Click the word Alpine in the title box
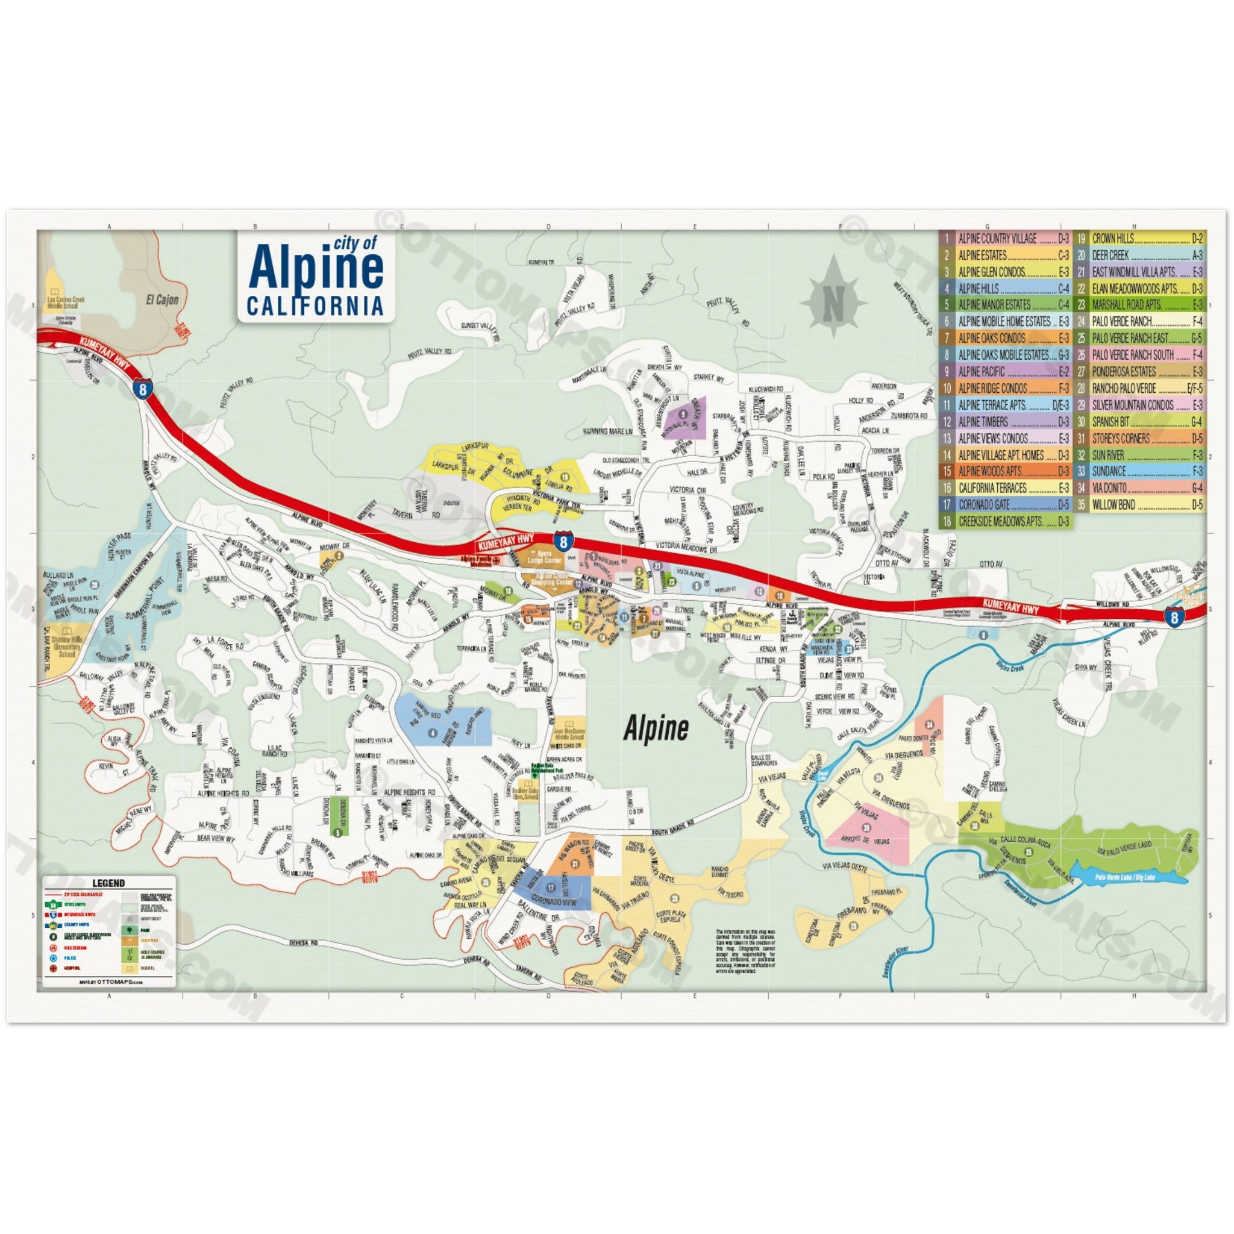click(x=318, y=269)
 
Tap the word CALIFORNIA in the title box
click(x=315, y=306)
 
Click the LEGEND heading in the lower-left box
click(x=108, y=883)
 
